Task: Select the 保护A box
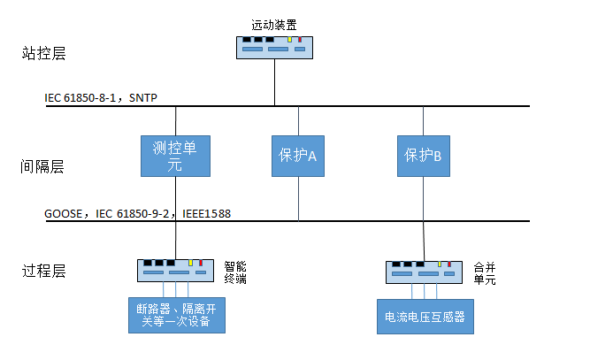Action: pos(298,155)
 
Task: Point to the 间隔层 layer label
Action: pos(43,165)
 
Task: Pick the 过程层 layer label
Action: pos(43,272)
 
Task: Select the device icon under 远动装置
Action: pos(274,46)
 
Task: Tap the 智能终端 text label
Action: pos(235,270)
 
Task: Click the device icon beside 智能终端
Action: pos(175,270)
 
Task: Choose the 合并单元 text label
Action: pos(485,271)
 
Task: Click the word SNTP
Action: pos(143,96)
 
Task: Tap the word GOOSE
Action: pos(65,213)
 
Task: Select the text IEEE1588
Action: pos(208,213)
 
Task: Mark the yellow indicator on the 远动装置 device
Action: pos(289,40)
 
